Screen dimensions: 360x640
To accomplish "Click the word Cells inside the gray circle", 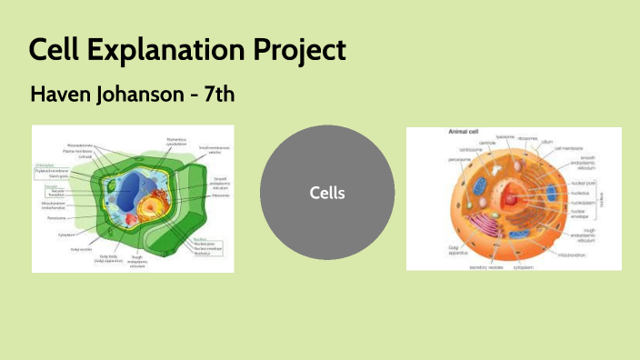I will click(x=327, y=193).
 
